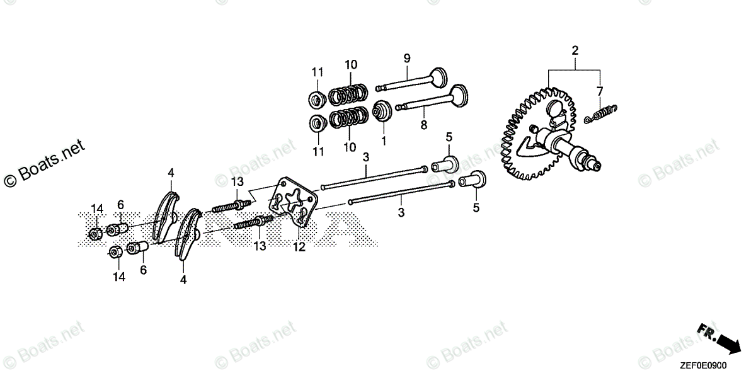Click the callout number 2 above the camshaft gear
click(575, 50)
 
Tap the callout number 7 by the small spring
click(600, 91)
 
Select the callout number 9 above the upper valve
click(407, 59)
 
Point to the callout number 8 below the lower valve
click(424, 125)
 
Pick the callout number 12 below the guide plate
click(299, 247)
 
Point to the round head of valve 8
click(459, 96)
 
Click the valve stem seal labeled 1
click(382, 111)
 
